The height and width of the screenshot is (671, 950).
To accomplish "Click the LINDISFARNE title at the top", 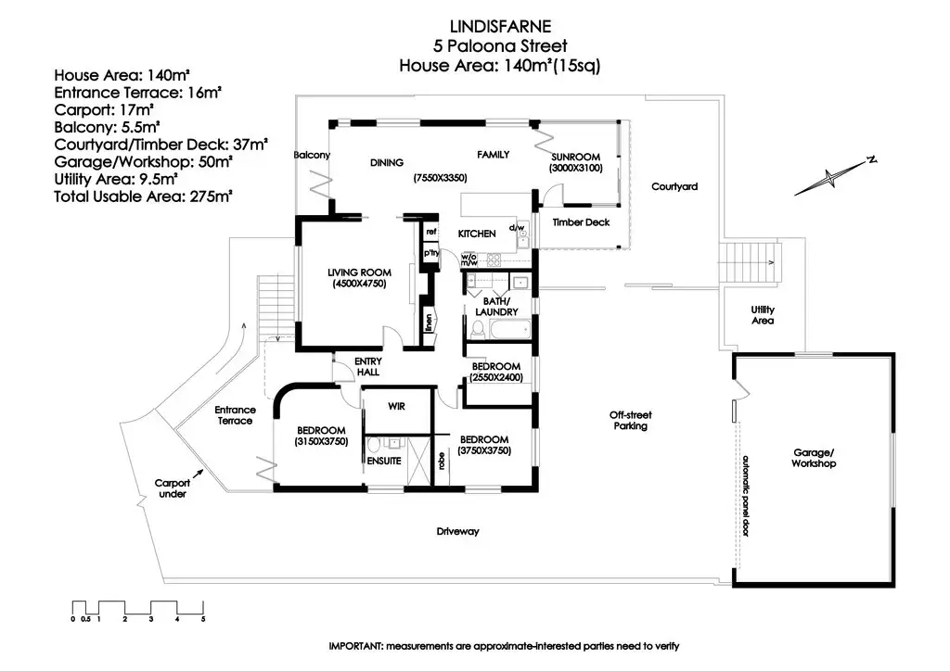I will tap(492, 26).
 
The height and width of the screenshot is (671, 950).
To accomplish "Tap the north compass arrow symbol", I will tap(835, 175).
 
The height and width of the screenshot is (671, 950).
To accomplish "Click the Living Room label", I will tap(359, 272).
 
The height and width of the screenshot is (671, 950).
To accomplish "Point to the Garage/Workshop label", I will tap(815, 458).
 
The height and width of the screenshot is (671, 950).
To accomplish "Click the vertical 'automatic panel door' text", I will tap(744, 497).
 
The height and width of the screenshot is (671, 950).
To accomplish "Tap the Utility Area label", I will tap(763, 315).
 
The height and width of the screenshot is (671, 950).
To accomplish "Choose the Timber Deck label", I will tap(580, 222).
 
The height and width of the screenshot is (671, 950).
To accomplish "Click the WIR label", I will tap(396, 405).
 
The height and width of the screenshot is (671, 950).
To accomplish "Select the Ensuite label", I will tap(383, 460).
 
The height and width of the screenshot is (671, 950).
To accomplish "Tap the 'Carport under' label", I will tap(173, 488).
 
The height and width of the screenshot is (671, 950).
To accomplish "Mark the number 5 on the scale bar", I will tap(202, 618).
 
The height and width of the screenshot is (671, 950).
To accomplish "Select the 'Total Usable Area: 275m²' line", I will tap(143, 196).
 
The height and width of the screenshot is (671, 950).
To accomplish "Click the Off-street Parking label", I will tap(628, 421).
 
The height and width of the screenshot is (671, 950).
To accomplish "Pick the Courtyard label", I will tap(674, 187).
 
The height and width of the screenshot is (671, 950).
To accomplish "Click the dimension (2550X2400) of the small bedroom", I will tap(498, 377).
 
